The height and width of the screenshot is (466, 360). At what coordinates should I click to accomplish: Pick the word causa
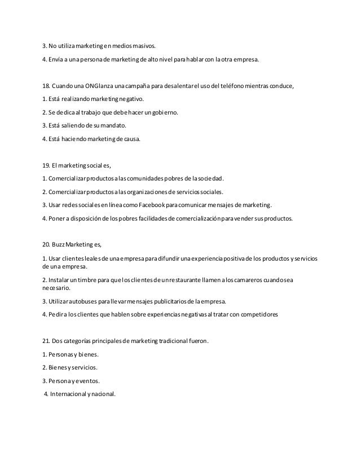129,139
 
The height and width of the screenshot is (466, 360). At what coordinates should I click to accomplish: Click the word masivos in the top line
142,46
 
